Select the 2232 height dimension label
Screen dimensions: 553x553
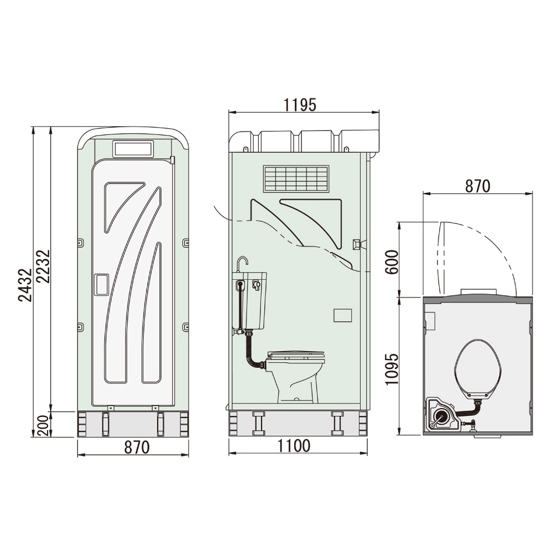point(44,267)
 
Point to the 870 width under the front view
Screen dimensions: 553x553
point(137,447)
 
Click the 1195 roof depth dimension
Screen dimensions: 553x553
point(300,105)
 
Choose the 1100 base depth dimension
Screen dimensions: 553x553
point(294,446)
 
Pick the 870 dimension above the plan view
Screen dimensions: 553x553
point(478,186)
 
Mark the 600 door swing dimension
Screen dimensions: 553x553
point(392,262)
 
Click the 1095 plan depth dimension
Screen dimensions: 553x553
point(392,369)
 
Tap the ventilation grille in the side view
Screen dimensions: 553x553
point(296,179)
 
